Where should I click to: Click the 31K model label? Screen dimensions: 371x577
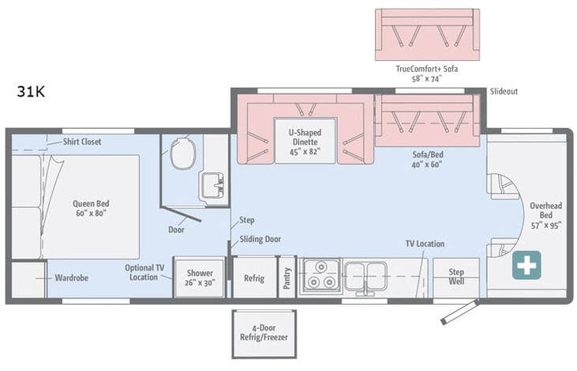click(x=31, y=91)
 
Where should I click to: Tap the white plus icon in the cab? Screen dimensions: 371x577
click(x=526, y=265)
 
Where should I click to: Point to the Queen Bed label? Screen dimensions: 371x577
click(x=89, y=207)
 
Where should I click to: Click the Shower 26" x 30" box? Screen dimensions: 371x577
click(x=195, y=278)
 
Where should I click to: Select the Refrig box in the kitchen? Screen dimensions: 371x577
click(x=253, y=278)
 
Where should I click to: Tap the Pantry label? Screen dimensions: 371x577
click(x=287, y=278)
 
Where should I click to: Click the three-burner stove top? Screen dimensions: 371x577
click(x=320, y=276)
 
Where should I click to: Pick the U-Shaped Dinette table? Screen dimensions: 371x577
click(x=305, y=141)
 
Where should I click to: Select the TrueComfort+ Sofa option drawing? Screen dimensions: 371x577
click(x=427, y=35)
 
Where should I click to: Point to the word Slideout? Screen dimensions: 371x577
click(x=503, y=92)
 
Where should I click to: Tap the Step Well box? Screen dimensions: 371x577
click(x=455, y=277)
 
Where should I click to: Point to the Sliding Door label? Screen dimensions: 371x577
click(x=260, y=239)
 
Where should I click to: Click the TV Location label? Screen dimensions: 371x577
click(x=425, y=244)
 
